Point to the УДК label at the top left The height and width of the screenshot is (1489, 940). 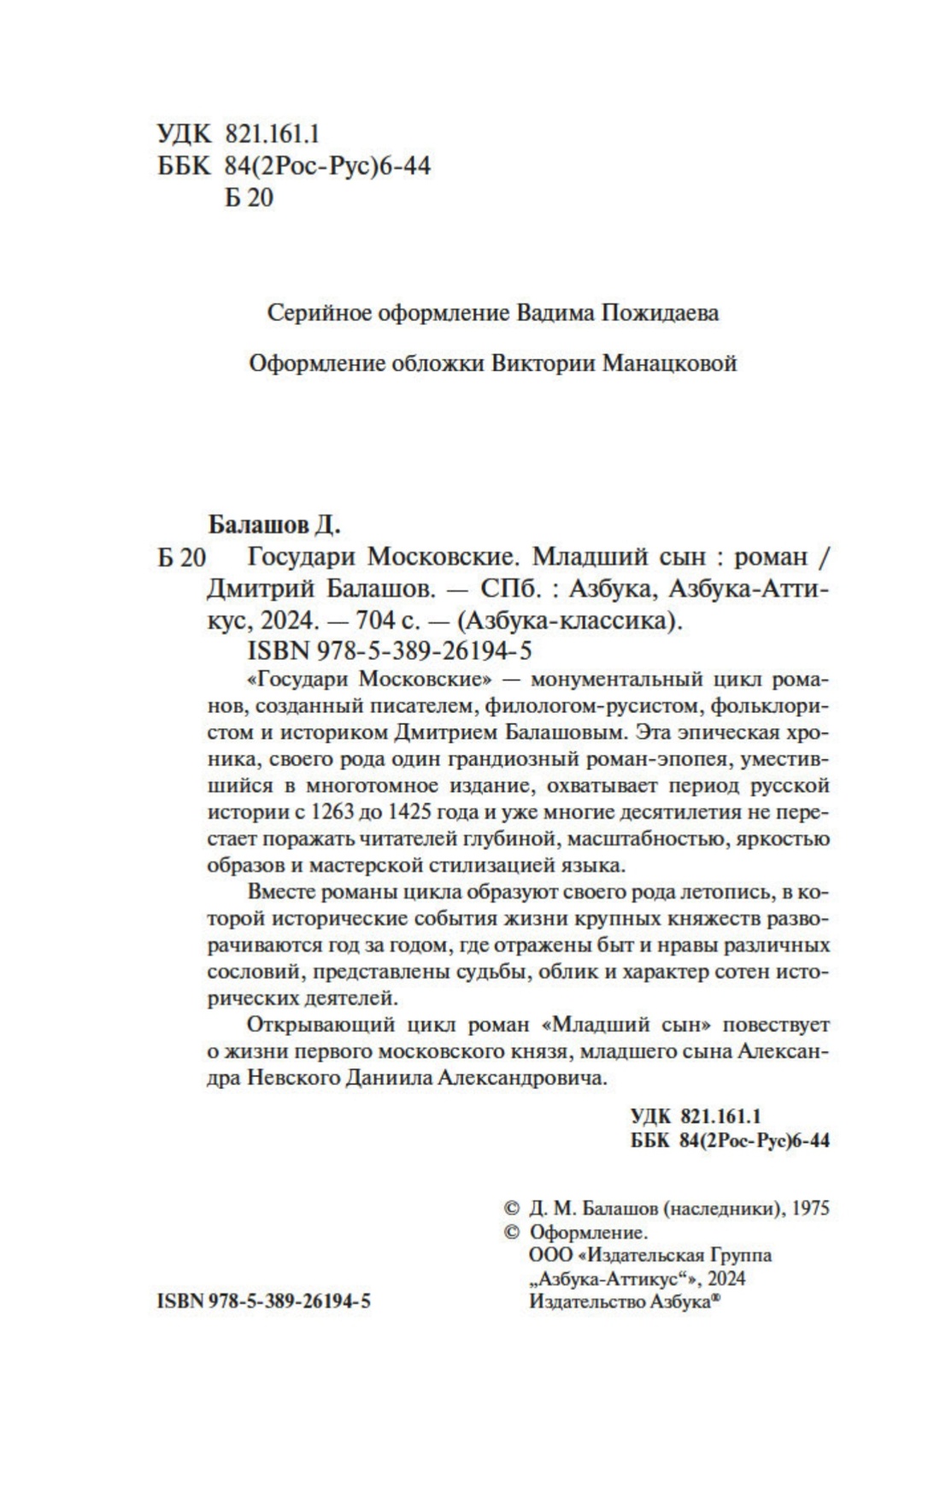tap(183, 134)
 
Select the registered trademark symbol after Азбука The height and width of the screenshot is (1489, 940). tap(717, 1297)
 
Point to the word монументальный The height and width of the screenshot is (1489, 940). tap(608, 680)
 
